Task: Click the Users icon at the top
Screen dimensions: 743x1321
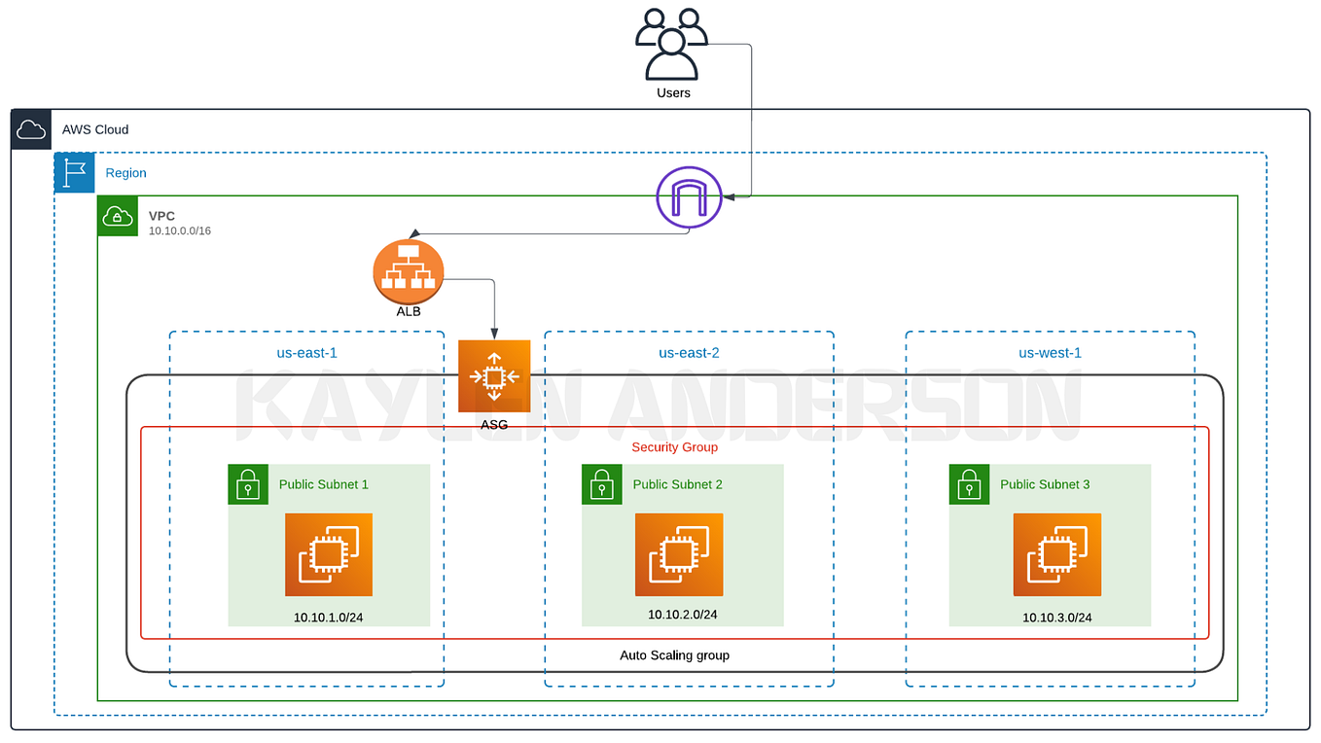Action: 671,45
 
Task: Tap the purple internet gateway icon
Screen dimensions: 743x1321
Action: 689,198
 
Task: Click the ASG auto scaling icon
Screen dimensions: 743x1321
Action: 494,376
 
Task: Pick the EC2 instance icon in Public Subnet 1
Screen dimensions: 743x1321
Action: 329,554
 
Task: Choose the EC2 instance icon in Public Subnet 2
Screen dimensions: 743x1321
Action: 679,554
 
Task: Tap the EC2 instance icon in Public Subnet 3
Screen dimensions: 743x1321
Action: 1057,554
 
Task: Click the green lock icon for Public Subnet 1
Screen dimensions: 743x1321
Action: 248,484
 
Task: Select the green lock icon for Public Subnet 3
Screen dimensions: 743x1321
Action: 969,484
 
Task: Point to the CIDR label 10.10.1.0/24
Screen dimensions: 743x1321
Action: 329,618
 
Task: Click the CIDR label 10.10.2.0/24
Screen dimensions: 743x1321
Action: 683,615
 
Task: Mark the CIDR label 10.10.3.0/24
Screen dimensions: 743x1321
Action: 1057,618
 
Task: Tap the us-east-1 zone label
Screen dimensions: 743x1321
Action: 306,353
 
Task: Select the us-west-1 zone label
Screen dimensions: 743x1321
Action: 1050,353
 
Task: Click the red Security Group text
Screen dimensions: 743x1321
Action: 674,447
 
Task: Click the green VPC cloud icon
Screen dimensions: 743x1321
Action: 118,216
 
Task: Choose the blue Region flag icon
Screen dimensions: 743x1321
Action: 74,173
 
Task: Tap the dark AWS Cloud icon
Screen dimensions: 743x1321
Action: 31,129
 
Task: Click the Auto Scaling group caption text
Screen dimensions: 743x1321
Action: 674,655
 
